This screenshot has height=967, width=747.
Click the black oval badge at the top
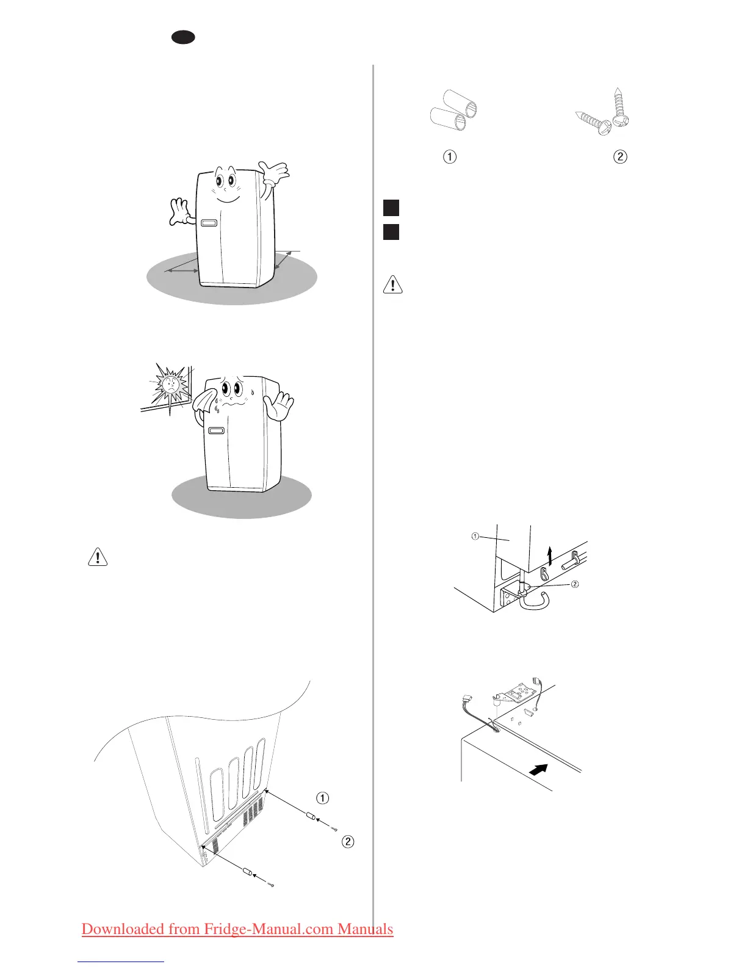[x=183, y=37]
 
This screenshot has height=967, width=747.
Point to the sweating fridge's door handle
[x=216, y=431]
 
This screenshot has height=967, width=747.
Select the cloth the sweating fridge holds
[x=204, y=400]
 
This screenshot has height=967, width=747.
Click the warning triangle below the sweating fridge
[x=98, y=557]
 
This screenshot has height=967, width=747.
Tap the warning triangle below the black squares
[x=392, y=285]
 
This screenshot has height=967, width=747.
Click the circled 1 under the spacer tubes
[x=449, y=157]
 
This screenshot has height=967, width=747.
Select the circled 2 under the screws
[x=619, y=157]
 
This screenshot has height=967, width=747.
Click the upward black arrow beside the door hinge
[x=550, y=557]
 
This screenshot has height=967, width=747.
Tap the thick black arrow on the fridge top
[x=537, y=770]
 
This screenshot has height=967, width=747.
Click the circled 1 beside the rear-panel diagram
[x=323, y=798]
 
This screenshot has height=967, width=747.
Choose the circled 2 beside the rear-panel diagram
[x=347, y=842]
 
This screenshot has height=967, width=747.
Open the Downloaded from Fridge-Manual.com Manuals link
[x=237, y=929]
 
